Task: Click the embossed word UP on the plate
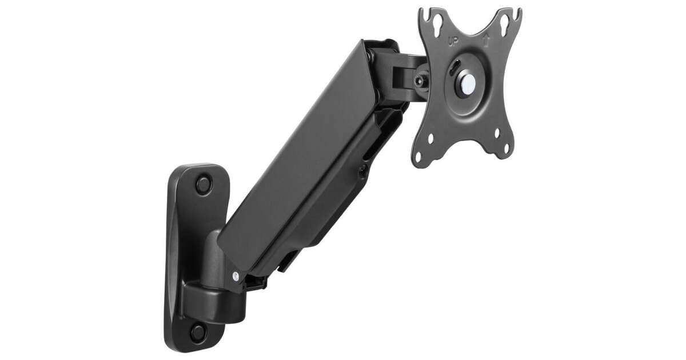453,41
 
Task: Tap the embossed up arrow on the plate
485,39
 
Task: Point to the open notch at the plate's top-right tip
518,11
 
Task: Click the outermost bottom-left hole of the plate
418,158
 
